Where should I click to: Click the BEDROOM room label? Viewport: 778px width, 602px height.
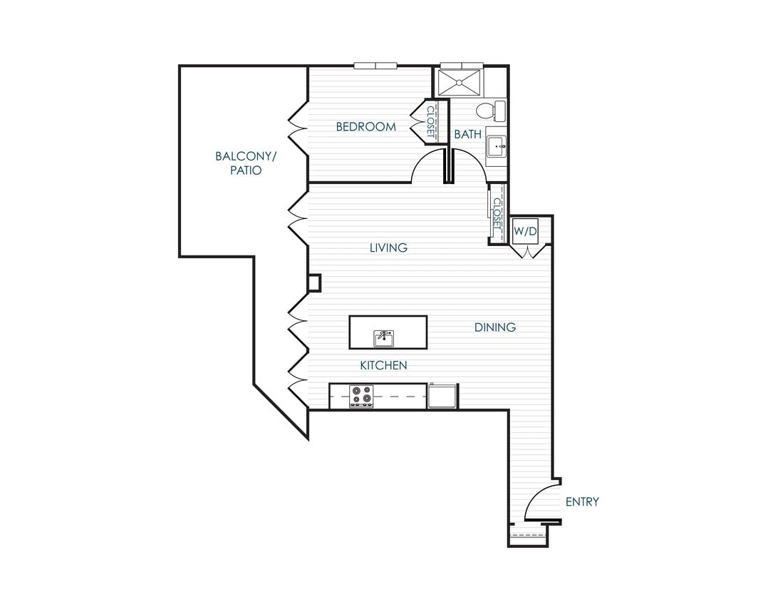click(365, 127)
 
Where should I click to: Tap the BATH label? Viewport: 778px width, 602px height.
click(467, 133)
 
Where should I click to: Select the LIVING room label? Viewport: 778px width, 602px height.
click(388, 248)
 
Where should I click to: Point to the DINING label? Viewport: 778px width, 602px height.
click(495, 327)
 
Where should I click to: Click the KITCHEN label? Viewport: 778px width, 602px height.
click(383, 365)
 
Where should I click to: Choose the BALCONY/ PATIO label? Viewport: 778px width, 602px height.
click(239, 163)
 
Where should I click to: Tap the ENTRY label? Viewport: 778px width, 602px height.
click(582, 501)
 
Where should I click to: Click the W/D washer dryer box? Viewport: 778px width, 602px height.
click(525, 230)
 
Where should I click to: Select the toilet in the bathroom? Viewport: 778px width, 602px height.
click(489, 111)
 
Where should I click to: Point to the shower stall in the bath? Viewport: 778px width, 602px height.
click(460, 81)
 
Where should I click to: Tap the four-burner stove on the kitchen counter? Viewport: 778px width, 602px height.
click(361, 396)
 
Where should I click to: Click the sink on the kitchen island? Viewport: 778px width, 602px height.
click(384, 337)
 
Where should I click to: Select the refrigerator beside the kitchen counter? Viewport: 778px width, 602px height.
click(442, 396)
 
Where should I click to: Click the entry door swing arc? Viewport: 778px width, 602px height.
click(538, 502)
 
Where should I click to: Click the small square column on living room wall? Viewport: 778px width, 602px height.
click(314, 283)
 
